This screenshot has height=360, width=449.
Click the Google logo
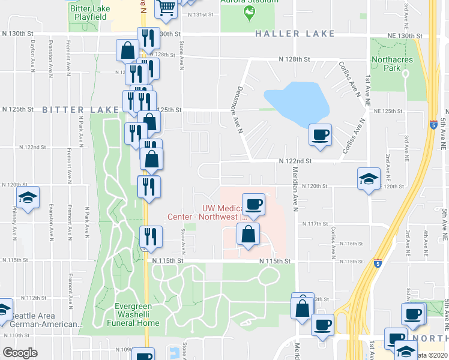click(x=20, y=353)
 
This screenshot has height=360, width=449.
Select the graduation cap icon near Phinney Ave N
click(x=27, y=199)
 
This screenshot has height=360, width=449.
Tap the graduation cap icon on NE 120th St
click(x=369, y=178)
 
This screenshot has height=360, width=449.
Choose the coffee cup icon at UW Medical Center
click(x=253, y=204)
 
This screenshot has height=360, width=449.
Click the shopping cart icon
click(x=166, y=8)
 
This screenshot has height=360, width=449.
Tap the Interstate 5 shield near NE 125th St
click(x=433, y=125)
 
